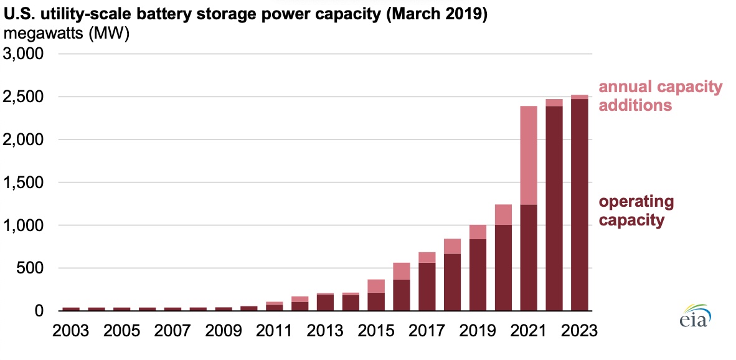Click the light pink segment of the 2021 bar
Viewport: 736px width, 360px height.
pyautogui.click(x=529, y=155)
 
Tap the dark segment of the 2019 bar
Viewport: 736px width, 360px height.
pyautogui.click(x=478, y=275)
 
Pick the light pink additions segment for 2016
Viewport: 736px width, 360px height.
pyautogui.click(x=402, y=271)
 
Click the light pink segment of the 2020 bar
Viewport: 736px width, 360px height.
pyautogui.click(x=503, y=214)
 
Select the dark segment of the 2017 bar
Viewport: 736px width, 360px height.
pyautogui.click(x=427, y=287)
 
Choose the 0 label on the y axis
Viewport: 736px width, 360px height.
pyautogui.click(x=38, y=311)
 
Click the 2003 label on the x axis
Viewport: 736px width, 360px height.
pyautogui.click(x=71, y=329)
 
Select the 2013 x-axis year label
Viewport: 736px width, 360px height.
pyautogui.click(x=325, y=329)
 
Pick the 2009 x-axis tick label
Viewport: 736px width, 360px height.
pyautogui.click(x=224, y=329)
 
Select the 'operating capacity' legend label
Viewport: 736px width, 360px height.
pyautogui.click(x=636, y=211)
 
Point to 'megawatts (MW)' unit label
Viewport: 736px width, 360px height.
pyautogui.click(x=67, y=34)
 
